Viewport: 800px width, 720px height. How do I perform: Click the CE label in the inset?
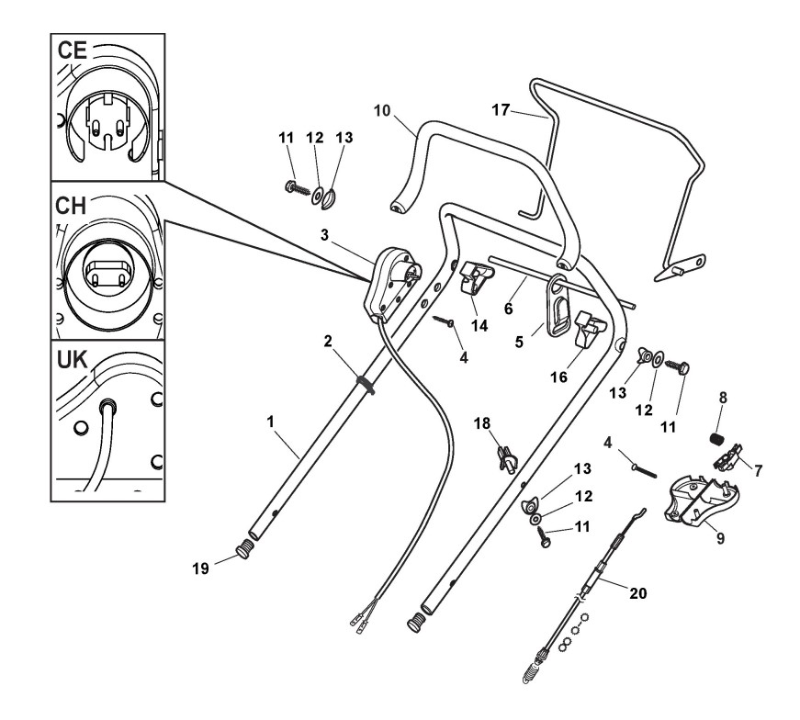[73, 51]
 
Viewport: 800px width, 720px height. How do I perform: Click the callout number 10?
[383, 109]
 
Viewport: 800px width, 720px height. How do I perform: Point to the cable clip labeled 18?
[504, 455]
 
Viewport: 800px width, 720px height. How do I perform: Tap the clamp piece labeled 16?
[587, 332]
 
